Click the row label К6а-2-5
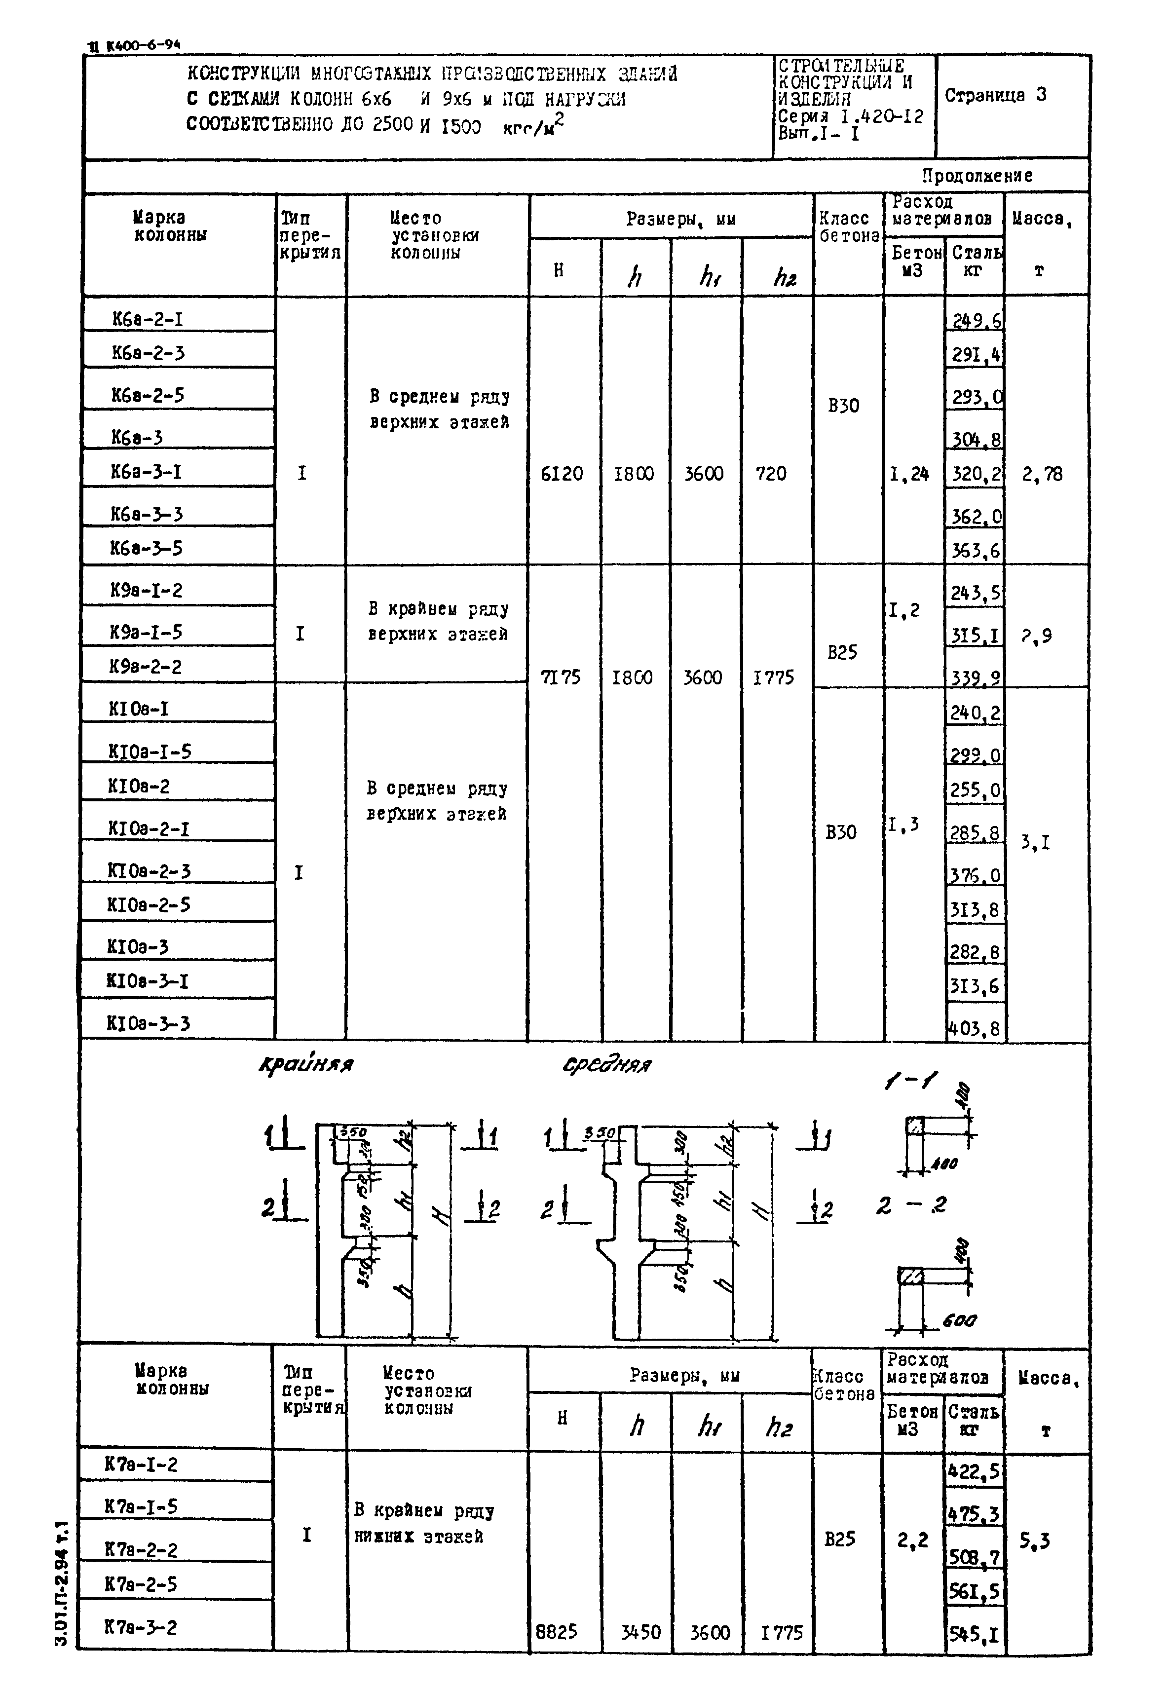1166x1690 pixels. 148,395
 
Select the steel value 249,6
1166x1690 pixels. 976,320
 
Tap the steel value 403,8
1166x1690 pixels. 974,1029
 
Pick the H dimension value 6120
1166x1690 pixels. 562,474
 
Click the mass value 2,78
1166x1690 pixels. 1042,475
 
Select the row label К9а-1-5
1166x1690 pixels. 146,632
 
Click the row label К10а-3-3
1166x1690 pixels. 149,1023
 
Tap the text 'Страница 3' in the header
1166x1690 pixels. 995,95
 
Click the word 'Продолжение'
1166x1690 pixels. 977,176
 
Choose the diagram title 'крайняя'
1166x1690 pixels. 306,1065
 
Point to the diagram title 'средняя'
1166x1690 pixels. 606,1065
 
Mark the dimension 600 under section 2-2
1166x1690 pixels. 959,1320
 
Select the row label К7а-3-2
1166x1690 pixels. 140,1627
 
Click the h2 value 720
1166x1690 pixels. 771,474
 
